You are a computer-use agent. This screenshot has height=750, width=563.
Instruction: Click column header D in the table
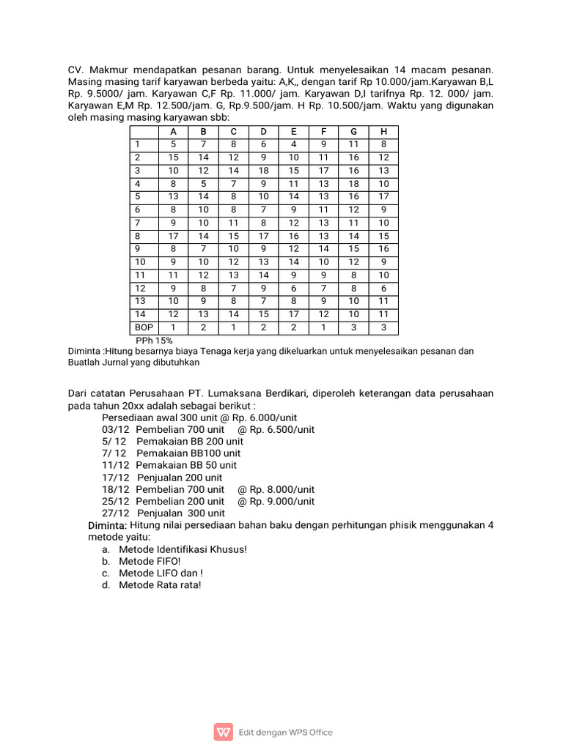tap(263, 131)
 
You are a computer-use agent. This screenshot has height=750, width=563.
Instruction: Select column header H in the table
tap(383, 131)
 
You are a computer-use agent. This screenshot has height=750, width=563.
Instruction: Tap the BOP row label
tap(144, 327)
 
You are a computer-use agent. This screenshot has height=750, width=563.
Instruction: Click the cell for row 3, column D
tap(263, 170)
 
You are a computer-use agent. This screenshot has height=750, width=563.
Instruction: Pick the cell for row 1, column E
tap(293, 144)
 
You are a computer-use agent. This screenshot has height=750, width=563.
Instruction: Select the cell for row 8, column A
tap(173, 236)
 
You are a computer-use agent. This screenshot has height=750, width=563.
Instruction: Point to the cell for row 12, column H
tap(383, 289)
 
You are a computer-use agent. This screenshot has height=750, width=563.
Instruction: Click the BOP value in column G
tap(353, 327)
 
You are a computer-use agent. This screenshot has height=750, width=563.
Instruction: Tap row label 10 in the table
tap(141, 262)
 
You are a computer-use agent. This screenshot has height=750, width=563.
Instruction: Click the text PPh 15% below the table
tap(154, 341)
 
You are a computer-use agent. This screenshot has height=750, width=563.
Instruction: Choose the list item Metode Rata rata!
tap(160, 585)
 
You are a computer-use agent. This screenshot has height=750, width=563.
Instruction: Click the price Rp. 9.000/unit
tap(276, 501)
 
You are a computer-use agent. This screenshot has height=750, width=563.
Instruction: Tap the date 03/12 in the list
tap(115, 429)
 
